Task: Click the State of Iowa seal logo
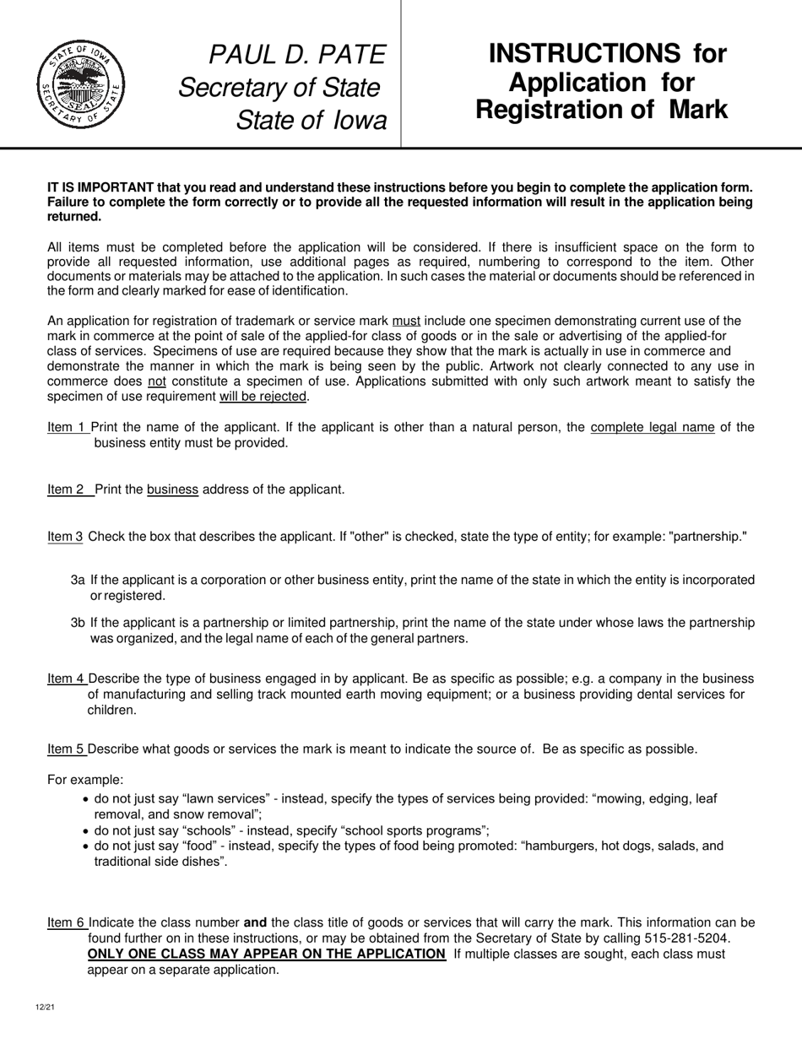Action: [x=80, y=84]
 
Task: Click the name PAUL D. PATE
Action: [x=297, y=55]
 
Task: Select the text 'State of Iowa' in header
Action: [x=311, y=120]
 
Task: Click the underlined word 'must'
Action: [x=406, y=321]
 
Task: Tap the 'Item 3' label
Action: [x=65, y=537]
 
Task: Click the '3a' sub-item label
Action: [x=78, y=580]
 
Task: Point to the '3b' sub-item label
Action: [x=78, y=623]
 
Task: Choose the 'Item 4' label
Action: [x=66, y=678]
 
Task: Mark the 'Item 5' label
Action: [x=66, y=749]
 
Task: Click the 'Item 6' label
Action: [x=66, y=923]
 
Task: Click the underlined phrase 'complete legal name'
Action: [x=653, y=427]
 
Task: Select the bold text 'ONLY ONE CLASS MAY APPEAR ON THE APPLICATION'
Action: [x=267, y=954]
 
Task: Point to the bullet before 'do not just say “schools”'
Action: [x=85, y=830]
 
